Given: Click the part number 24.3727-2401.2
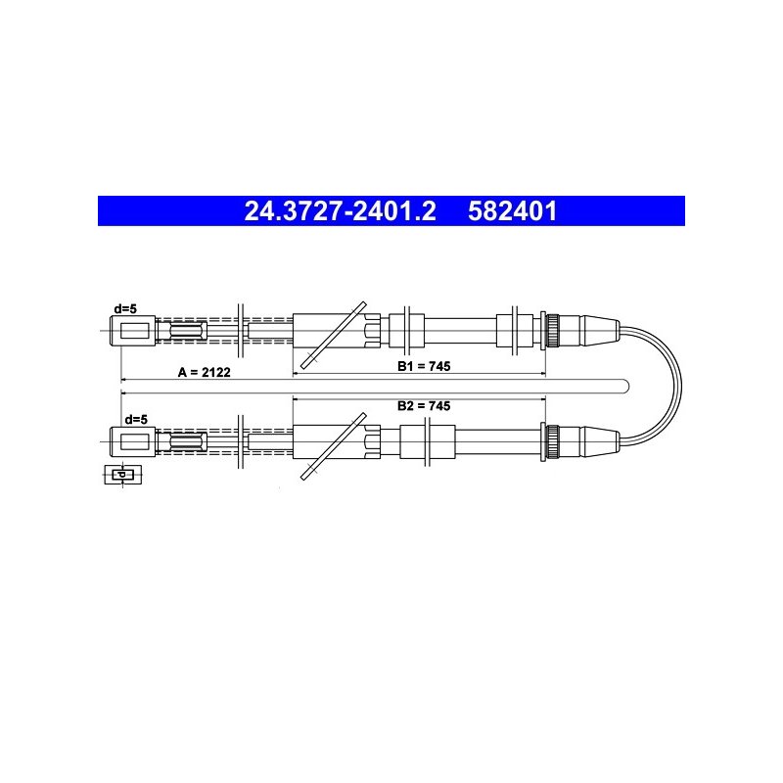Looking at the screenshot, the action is [x=340, y=210].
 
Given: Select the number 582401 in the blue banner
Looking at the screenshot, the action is [x=512, y=210].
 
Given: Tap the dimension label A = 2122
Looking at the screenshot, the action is [x=205, y=372].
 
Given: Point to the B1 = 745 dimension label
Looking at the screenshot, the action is [x=424, y=366].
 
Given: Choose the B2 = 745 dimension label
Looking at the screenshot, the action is [x=424, y=405].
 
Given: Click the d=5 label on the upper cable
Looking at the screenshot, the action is [x=125, y=309].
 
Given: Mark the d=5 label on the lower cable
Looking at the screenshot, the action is [x=136, y=420].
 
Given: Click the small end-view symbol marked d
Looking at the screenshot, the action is [x=123, y=475].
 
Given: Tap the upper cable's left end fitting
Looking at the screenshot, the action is [x=132, y=331].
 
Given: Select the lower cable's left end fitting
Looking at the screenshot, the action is [x=132, y=441].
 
